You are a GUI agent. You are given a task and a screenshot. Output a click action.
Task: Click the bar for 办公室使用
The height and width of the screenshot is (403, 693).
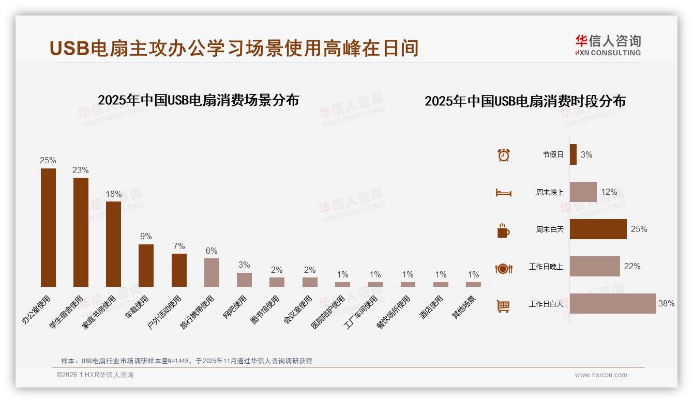pyautogui.click(x=48, y=227)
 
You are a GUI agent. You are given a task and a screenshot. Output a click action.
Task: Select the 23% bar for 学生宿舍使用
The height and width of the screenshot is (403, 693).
pyautogui.click(x=81, y=232)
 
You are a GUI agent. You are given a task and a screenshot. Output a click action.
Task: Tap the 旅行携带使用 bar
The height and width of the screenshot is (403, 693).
pyautogui.click(x=212, y=272)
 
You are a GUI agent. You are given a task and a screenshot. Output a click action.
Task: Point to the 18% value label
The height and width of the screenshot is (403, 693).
pyautogui.click(x=114, y=194)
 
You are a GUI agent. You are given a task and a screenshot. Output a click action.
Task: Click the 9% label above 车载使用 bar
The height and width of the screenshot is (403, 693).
pyautogui.click(x=146, y=237)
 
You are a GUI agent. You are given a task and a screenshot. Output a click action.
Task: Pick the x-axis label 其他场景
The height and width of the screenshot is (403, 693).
pyautogui.click(x=465, y=308)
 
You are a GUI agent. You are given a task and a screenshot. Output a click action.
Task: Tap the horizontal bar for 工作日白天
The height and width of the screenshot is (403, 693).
pyautogui.click(x=613, y=304)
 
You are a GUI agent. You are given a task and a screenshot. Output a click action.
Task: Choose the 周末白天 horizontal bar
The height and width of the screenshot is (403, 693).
pyautogui.click(x=598, y=229)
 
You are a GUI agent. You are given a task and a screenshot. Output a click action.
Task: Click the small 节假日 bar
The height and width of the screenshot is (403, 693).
pyautogui.click(x=573, y=154)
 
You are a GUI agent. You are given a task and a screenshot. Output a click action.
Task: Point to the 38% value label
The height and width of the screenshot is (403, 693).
pyautogui.click(x=666, y=304)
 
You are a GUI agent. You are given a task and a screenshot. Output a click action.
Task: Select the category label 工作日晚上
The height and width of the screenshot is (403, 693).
pyautogui.click(x=546, y=267)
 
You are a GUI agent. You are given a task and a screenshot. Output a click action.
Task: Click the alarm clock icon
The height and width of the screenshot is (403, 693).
pyautogui.click(x=503, y=155)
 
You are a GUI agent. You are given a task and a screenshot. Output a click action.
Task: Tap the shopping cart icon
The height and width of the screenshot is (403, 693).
pyautogui.click(x=503, y=306)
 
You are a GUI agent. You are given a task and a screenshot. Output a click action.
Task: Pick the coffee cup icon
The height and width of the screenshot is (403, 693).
pyautogui.click(x=503, y=230)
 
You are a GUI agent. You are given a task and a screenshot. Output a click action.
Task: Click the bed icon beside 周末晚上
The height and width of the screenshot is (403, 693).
pyautogui.click(x=503, y=193)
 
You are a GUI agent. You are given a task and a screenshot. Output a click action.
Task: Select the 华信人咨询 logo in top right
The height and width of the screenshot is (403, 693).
pyautogui.click(x=608, y=45)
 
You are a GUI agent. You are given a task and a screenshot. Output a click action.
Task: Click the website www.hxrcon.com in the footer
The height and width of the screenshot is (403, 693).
pyautogui.click(x=601, y=375)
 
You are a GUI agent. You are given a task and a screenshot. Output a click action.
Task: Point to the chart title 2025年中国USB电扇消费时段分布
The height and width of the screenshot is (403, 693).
pyautogui.click(x=525, y=101)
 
